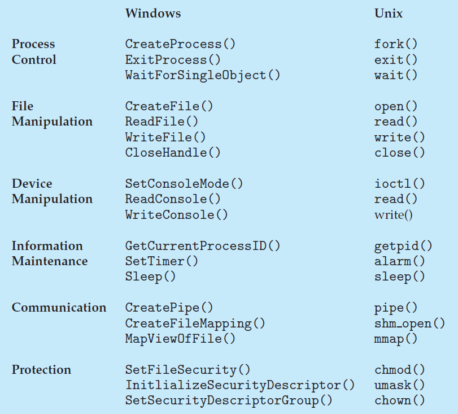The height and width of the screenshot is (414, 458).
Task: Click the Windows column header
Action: click(x=152, y=13)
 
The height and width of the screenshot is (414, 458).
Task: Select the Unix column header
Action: click(x=389, y=13)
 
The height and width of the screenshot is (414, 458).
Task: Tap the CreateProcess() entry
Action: click(x=180, y=44)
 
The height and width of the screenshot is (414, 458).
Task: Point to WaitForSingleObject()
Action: click(x=202, y=75)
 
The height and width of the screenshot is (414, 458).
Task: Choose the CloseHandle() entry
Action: click(x=173, y=153)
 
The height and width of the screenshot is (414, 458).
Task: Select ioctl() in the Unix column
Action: click(x=399, y=184)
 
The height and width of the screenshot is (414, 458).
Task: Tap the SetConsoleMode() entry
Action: click(x=184, y=184)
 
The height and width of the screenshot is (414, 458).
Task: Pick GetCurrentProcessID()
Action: click(x=202, y=246)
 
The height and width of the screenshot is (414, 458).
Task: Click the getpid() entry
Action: click(x=403, y=246)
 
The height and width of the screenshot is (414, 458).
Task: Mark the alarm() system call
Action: click(x=399, y=261)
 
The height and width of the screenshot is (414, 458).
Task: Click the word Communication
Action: click(x=59, y=308)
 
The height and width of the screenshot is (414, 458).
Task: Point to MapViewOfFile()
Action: click(x=180, y=339)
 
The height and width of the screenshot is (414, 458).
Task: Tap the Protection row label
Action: click(x=41, y=370)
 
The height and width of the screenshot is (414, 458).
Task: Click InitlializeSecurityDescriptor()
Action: click(x=239, y=385)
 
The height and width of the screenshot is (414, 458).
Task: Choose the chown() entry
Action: click(x=399, y=401)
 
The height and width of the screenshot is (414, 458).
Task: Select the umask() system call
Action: click(x=399, y=385)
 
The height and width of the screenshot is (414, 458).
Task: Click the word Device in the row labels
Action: click(x=32, y=184)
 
